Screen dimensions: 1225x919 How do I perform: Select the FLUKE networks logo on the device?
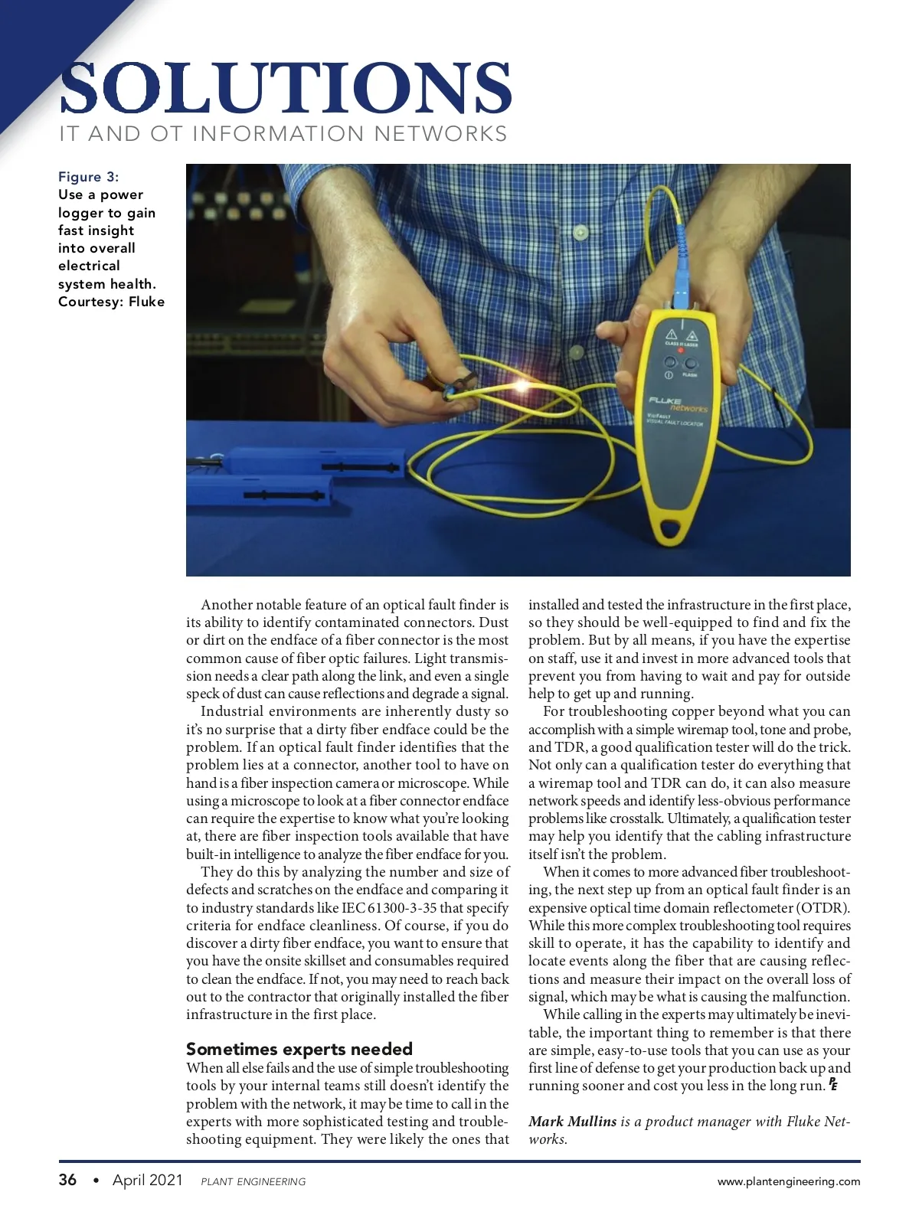679,403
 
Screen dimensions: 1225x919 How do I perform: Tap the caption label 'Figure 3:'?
89,177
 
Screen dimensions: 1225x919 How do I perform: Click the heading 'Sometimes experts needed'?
299,1049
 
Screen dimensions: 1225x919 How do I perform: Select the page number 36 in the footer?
67,1180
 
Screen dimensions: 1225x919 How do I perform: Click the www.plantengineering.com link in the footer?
788,1181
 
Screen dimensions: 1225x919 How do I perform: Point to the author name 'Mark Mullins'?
572,1122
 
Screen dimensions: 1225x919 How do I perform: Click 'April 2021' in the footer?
148,1180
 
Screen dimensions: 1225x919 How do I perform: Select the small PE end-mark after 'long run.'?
832,1084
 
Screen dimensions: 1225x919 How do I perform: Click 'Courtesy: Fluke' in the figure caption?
112,302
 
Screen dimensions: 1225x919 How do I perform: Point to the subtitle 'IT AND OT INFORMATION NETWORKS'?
283,134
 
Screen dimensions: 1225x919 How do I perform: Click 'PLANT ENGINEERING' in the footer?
253,1181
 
